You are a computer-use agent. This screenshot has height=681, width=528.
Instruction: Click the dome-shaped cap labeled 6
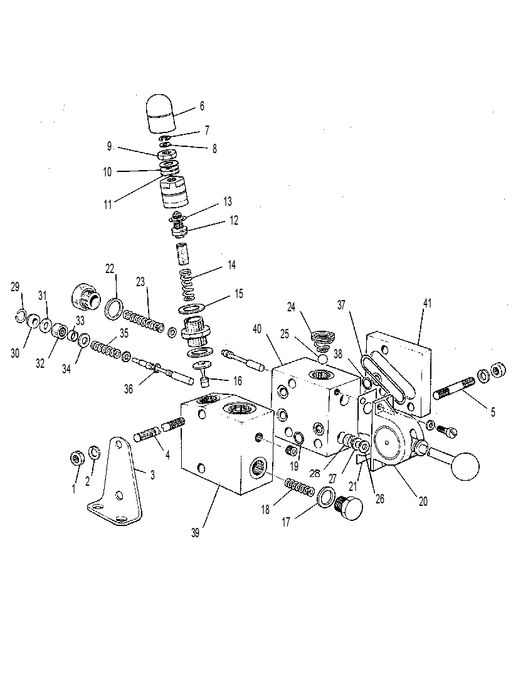pos(159,113)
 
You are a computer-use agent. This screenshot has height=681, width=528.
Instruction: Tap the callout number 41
pos(427,303)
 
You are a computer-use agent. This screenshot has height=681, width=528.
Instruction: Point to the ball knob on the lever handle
pos(465,466)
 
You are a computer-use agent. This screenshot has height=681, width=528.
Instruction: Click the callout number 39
pos(195,533)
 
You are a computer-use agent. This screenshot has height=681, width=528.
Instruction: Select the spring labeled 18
pos(299,486)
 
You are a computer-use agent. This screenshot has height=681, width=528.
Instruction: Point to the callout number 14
pos(231,265)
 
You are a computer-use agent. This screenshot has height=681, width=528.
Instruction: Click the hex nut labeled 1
pos(77,459)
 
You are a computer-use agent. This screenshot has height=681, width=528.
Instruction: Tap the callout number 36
pos(129,389)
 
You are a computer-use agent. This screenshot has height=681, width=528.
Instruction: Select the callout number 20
pos(423,501)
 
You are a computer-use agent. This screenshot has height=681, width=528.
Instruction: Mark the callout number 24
pos(291,307)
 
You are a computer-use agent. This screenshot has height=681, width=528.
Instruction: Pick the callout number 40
pos(257,330)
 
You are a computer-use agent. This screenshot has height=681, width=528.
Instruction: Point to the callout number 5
pos(493,412)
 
